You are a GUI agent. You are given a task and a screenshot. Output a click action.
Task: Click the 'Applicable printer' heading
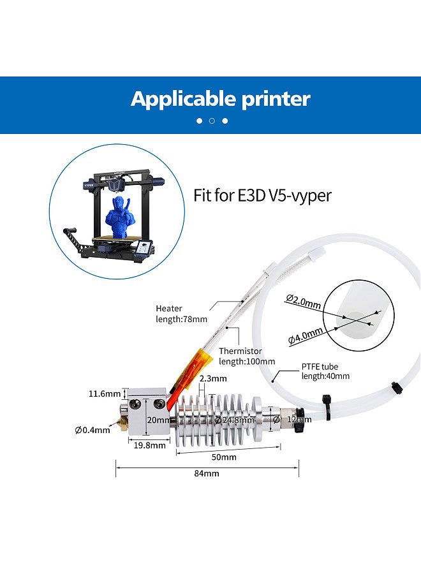(x=220, y=99)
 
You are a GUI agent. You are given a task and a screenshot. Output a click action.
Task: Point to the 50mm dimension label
(x=224, y=457)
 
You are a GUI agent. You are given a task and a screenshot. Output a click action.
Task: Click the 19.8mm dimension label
(x=146, y=446)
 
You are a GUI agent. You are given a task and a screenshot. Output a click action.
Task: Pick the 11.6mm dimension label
(x=105, y=394)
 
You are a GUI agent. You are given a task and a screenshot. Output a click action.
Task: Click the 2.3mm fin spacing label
(x=213, y=378)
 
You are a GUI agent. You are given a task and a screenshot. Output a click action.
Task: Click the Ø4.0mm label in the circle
(x=305, y=336)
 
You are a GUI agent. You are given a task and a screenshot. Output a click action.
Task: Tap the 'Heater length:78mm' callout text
(x=177, y=314)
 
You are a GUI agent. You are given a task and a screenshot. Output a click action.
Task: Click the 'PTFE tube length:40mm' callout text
(x=325, y=371)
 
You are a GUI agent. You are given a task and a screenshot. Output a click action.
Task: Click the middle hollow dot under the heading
(x=212, y=121)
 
